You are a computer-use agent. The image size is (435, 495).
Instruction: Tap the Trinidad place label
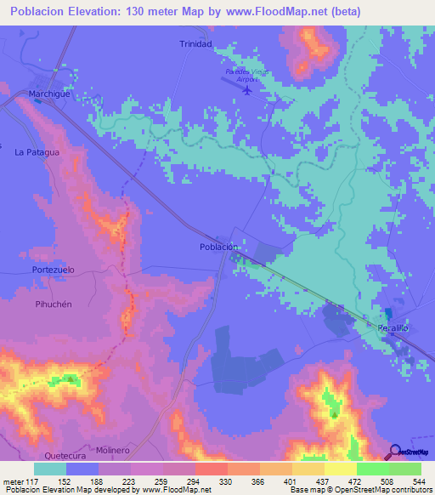pyautogui.click(x=195, y=43)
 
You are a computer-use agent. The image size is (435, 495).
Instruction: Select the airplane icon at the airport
pyautogui.click(x=247, y=89)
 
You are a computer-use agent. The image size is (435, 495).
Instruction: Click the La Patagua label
pyautogui.click(x=37, y=152)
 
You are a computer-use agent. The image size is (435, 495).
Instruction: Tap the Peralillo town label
pyautogui.click(x=394, y=327)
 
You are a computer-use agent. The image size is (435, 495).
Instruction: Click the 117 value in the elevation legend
pyautogui.click(x=29, y=481)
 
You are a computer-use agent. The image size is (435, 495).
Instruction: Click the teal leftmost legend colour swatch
pyautogui.click(x=50, y=469)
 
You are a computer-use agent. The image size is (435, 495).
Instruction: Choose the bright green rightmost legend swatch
pyautogui.click(x=405, y=469)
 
